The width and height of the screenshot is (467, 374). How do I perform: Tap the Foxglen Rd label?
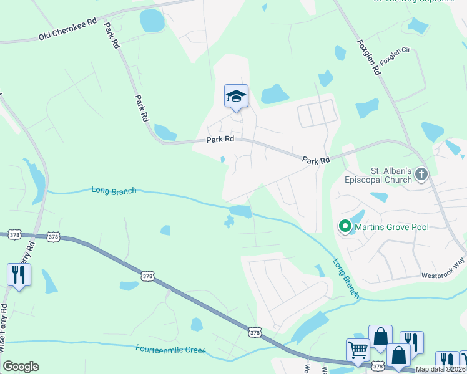coord(369,58)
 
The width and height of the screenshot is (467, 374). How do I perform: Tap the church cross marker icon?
coord(421,175)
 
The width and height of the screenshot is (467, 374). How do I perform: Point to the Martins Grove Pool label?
coord(392,227)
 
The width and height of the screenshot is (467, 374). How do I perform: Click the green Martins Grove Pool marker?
coord(344,227)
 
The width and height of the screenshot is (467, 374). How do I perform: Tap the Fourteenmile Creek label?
coord(170,350)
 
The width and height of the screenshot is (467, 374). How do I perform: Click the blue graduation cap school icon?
coord(236,96)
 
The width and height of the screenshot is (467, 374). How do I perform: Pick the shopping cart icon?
coord(358,350)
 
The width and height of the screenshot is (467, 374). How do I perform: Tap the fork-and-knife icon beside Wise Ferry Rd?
coord(19,275)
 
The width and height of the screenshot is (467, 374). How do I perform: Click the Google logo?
coord(21,367)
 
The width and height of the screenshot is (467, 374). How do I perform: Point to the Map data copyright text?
coord(441,369)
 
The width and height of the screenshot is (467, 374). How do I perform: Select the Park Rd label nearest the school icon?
coord(220,140)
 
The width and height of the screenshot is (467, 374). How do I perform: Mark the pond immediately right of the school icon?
coord(275,94)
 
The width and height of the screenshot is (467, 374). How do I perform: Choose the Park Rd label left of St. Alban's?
coord(316,160)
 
